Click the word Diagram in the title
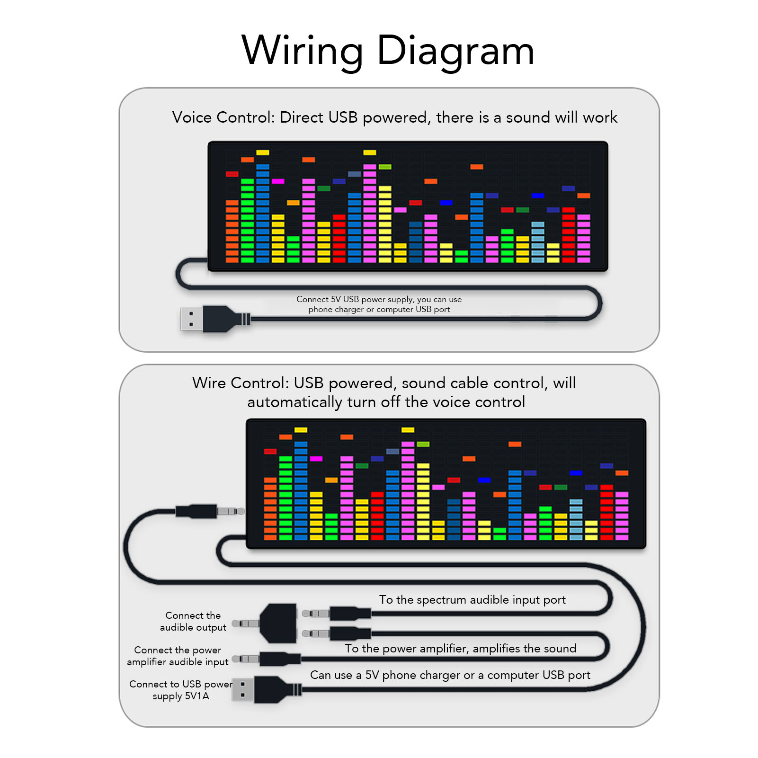[x=455, y=51]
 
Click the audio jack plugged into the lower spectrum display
[x=208, y=511]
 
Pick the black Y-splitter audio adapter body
[x=279, y=623]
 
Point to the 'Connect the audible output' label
[x=193, y=621]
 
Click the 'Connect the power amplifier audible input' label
[x=178, y=656]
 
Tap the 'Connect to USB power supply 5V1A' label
[x=180, y=690]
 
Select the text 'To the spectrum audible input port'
[x=472, y=600]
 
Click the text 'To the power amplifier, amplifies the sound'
[x=460, y=649]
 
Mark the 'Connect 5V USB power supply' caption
[x=379, y=304]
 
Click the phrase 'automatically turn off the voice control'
[x=386, y=402]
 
